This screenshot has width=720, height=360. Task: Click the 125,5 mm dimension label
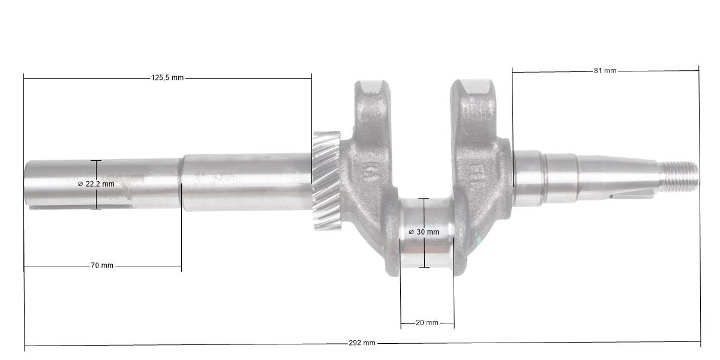pyautogui.click(x=167, y=78)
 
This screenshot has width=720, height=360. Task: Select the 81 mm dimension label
pyautogui.click(x=605, y=71)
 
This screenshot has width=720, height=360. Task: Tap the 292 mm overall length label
pyautogui.click(x=362, y=343)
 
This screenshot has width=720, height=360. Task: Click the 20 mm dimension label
pyautogui.click(x=427, y=323)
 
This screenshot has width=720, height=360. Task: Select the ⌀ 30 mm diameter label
pyautogui.click(x=424, y=232)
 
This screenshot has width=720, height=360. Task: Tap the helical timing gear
pyautogui.click(x=326, y=180)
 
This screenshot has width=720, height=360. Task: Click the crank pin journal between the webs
pyautogui.click(x=426, y=234)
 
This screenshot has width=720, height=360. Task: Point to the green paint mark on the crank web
pyautogui.click(x=478, y=240)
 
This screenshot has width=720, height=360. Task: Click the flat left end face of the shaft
pyautogui.click(x=25, y=184)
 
